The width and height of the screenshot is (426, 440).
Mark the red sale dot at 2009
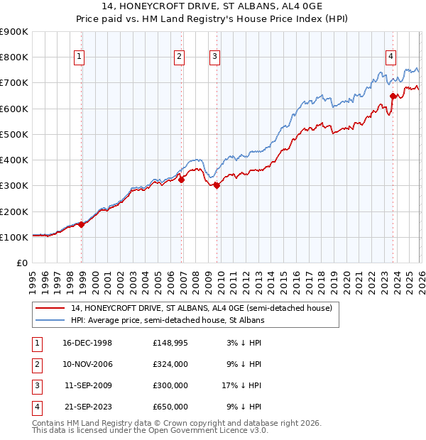(217, 186)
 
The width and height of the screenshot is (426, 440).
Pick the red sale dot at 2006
(181, 180)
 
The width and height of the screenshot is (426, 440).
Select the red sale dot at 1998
(82, 224)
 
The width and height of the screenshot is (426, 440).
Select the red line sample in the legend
(50, 309)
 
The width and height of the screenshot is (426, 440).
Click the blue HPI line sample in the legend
(50, 320)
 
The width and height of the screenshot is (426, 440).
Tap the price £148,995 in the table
(170, 343)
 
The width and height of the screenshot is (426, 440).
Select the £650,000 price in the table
(170, 407)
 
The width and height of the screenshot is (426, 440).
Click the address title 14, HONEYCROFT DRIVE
(213, 8)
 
